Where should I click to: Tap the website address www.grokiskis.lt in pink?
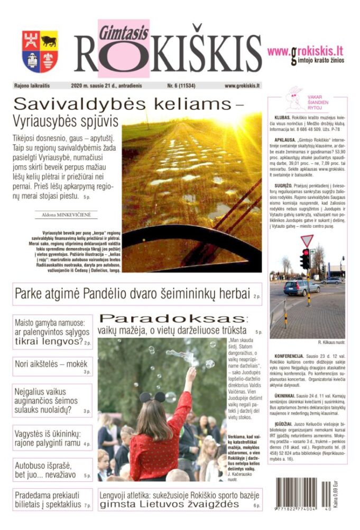pos(305,52)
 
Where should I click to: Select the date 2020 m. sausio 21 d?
pos(106,85)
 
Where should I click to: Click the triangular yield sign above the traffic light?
pos(307,240)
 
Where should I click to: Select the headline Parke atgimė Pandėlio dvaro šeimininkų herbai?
pos(132,294)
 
